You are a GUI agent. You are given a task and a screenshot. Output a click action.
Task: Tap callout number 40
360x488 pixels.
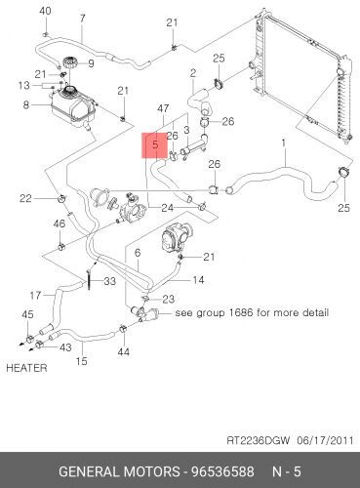click(44, 11)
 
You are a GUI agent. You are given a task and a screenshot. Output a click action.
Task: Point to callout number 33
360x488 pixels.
click(109, 282)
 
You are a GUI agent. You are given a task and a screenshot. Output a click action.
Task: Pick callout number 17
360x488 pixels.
click(36, 295)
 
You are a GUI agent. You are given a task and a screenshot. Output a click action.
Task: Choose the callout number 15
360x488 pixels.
click(82, 361)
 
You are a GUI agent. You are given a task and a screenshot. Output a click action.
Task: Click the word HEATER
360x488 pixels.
click(25, 369)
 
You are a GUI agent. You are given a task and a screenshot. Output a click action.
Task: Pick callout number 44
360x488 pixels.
click(123, 351)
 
